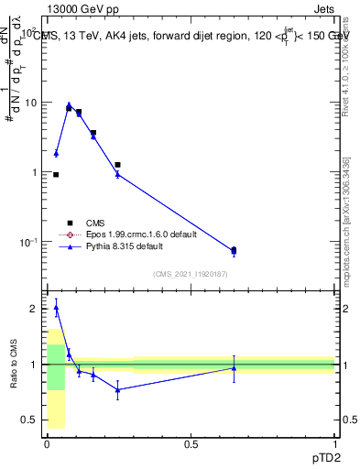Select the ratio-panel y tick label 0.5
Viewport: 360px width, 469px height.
pos(30,420)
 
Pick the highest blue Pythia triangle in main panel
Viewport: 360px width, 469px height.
pos(69,104)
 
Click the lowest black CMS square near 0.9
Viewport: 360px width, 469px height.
pos(56,174)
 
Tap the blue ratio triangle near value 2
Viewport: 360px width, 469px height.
pos(56,308)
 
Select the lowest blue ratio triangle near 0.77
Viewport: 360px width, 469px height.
pos(117,389)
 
